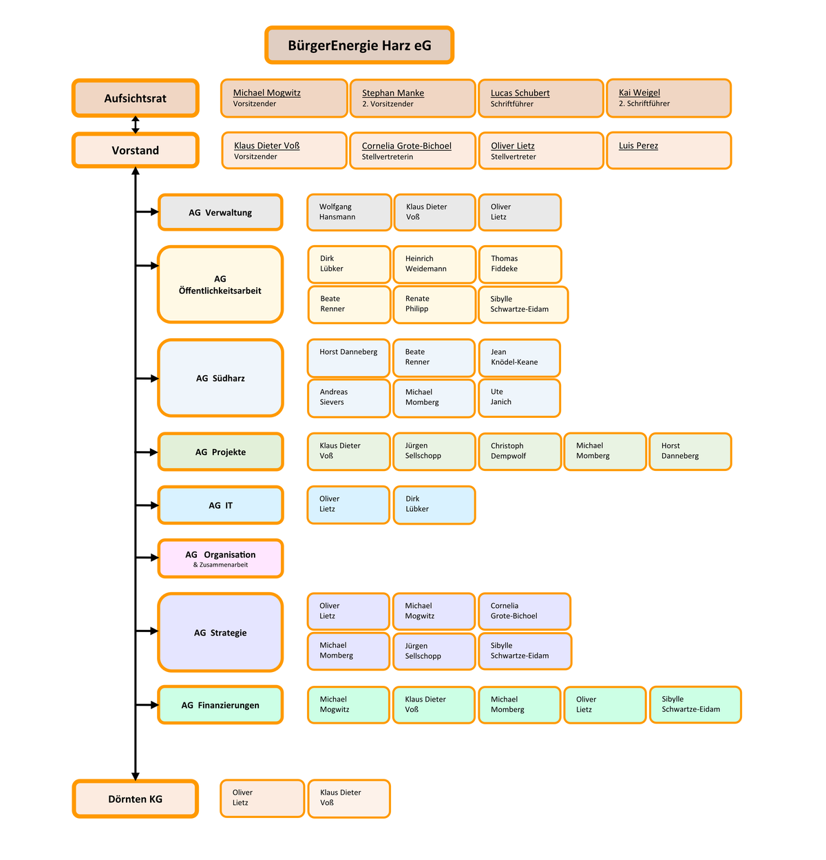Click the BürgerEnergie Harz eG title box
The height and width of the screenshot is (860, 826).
(x=359, y=45)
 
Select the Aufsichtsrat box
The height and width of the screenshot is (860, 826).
(x=136, y=98)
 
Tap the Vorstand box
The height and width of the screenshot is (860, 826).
(x=136, y=150)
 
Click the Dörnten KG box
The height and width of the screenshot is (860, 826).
(x=136, y=799)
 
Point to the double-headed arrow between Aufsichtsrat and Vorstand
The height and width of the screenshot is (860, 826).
(x=136, y=125)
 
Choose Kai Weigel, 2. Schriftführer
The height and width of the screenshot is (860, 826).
(x=668, y=98)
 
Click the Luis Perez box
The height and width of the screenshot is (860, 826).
(x=668, y=150)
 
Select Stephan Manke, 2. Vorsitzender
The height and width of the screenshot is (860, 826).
(x=412, y=98)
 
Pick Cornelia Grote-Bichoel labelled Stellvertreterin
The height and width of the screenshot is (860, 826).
(x=412, y=151)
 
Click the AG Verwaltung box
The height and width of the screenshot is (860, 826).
(x=220, y=212)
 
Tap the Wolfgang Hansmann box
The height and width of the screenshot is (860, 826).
(x=349, y=212)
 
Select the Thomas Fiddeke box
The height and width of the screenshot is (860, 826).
(x=520, y=264)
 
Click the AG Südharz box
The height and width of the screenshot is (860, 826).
(x=220, y=378)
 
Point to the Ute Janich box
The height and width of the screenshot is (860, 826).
(x=519, y=398)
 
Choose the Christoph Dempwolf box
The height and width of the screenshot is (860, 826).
(x=520, y=452)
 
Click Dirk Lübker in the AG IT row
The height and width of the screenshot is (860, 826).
(x=434, y=505)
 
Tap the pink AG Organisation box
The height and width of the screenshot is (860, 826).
(x=220, y=558)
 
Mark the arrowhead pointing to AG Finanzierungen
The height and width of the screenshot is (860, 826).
(x=154, y=705)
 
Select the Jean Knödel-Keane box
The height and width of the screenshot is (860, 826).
(x=519, y=357)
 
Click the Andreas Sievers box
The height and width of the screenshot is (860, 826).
(x=349, y=398)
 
